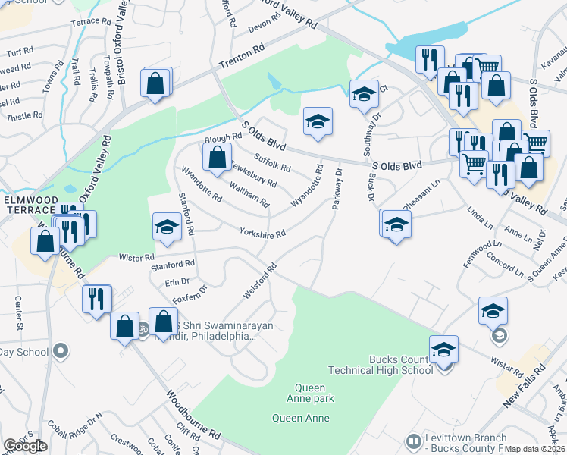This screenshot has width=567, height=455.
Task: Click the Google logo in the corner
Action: pyautogui.click(x=25, y=446)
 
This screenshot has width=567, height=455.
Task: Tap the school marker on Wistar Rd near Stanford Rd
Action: pyautogui.click(x=167, y=227)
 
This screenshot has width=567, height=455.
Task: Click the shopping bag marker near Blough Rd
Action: pyautogui.click(x=218, y=157)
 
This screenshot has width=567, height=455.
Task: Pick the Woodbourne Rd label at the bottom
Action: pyautogui.click(x=193, y=416)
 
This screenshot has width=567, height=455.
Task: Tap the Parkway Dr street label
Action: pyautogui.click(x=337, y=189)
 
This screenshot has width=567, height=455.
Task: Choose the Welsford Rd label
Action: pyautogui.click(x=258, y=280)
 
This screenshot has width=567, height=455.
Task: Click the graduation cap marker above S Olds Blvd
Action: pyautogui.click(x=318, y=121)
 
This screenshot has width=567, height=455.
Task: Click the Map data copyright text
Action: pyautogui.click(x=535, y=449)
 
